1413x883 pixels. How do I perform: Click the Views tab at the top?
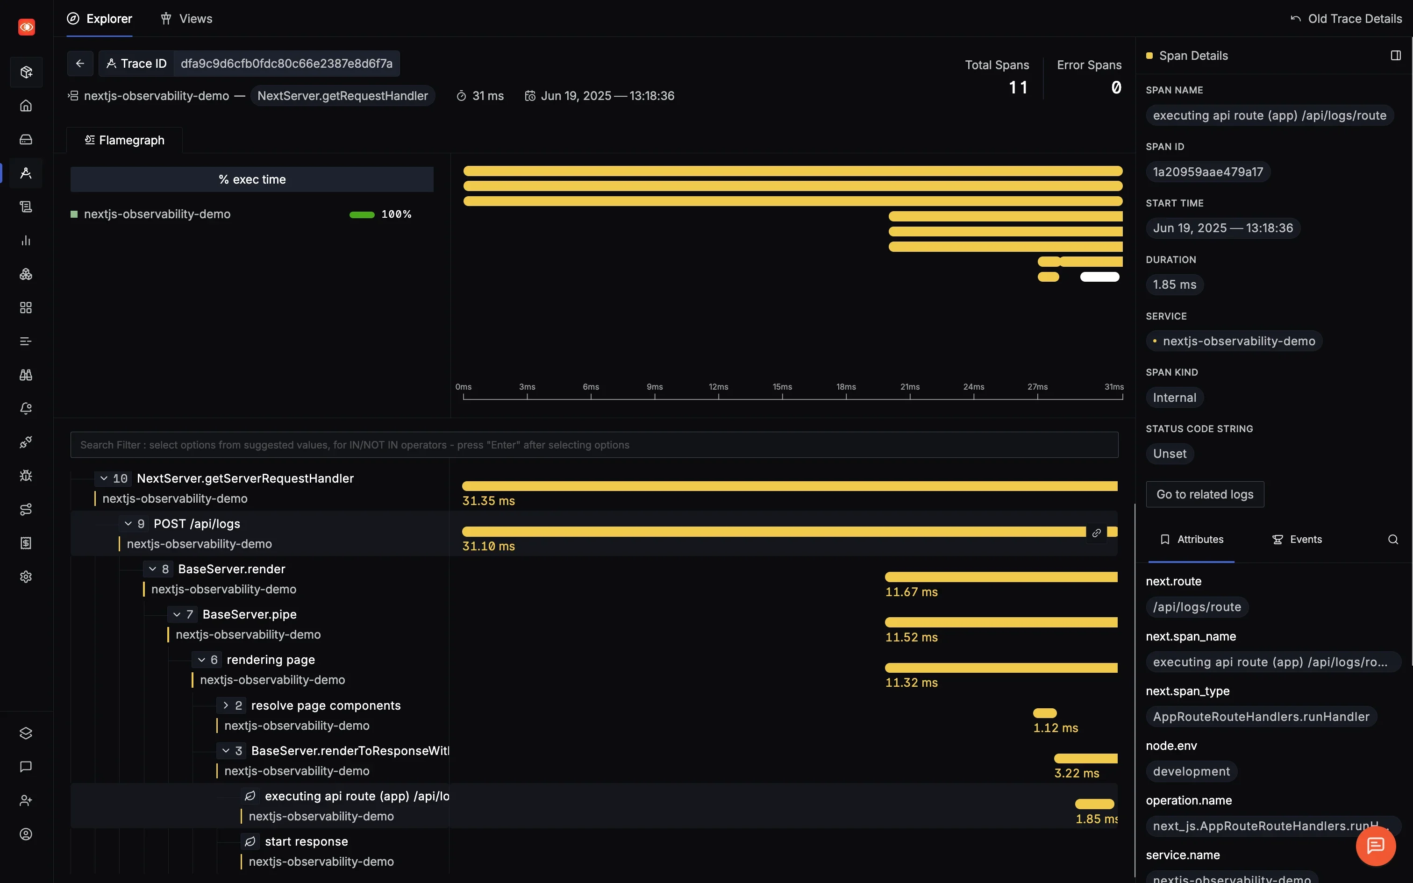pos(186,19)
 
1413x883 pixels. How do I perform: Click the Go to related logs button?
pos(1205,494)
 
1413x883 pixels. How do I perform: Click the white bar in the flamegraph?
pos(1099,277)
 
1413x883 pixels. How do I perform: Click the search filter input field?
pos(594,445)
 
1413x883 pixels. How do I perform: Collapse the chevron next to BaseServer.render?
pos(152,569)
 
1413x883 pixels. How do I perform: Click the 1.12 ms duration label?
pos(1055,728)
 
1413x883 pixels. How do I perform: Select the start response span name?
pos(306,841)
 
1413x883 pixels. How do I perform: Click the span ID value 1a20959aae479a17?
pos(1207,172)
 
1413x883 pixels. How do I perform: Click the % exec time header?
pos(252,179)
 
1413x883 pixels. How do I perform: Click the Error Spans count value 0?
pos(1116,88)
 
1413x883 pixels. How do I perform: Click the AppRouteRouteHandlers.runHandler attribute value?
pos(1261,717)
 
